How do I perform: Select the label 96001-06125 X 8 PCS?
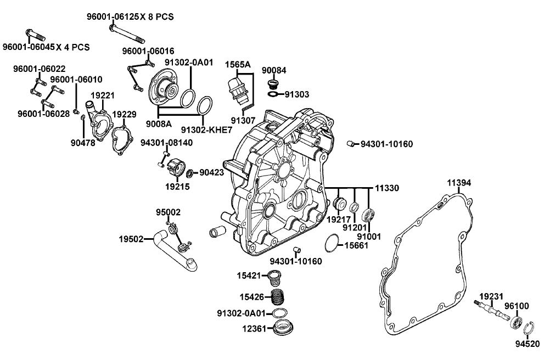(x=130, y=16)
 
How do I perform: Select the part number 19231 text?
(x=491, y=296)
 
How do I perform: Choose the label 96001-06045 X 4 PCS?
(x=46, y=47)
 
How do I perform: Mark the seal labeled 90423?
(x=190, y=174)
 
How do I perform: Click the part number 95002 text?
(x=168, y=212)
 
